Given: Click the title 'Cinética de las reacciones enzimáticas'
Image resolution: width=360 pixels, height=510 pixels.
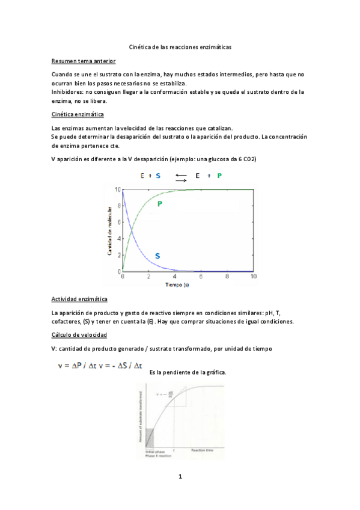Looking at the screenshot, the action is (180, 46).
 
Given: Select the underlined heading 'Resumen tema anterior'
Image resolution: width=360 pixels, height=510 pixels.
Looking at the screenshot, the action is (84, 61).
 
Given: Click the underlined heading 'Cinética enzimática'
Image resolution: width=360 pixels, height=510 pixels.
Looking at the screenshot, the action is (78, 114).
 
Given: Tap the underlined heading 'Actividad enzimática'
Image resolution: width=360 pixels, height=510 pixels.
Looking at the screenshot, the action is (80, 299).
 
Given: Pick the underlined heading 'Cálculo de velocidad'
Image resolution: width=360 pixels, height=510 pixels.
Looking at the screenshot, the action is (80, 334).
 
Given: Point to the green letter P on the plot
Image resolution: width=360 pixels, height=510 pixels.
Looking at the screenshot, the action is (160, 204).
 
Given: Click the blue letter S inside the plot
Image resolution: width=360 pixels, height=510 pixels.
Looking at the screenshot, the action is (157, 256).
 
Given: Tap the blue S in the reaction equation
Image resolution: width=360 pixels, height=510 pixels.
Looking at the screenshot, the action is (158, 176).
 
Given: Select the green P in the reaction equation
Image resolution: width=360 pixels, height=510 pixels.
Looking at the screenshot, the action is (219, 176).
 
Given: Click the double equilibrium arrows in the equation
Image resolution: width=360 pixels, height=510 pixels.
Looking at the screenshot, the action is (182, 176).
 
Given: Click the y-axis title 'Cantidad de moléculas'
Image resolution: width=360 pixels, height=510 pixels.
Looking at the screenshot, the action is (111, 231).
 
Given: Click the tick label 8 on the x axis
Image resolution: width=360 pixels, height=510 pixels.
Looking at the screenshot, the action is (227, 277).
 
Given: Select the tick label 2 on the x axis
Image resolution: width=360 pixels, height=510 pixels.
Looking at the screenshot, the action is (148, 277).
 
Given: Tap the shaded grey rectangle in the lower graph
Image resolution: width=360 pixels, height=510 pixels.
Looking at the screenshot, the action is (150, 435).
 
